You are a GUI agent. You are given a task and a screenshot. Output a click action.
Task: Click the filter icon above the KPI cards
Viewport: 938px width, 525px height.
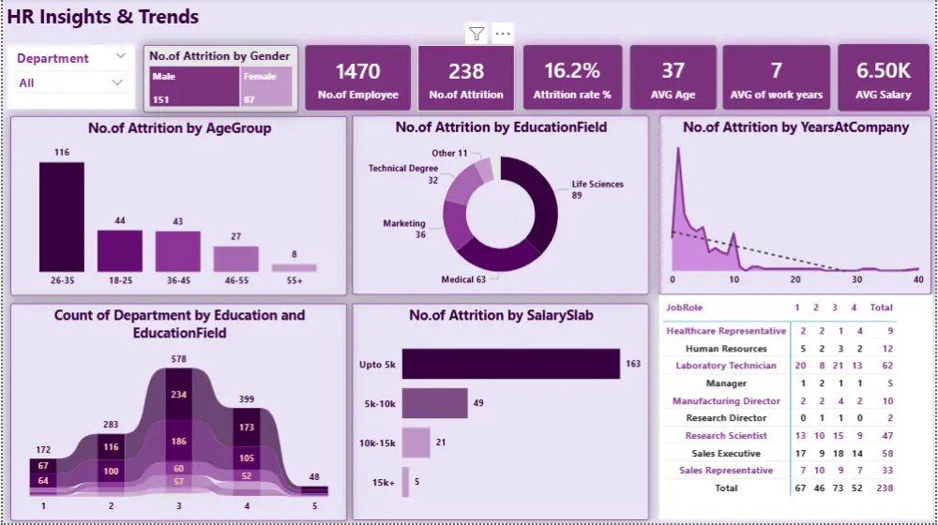(x=477, y=35)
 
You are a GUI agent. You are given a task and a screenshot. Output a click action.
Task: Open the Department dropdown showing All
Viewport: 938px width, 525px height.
(x=71, y=82)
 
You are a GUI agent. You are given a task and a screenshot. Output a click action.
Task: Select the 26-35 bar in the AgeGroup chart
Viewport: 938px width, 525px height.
(x=61, y=217)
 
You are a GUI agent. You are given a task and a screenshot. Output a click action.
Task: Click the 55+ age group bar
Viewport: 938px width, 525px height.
(x=295, y=267)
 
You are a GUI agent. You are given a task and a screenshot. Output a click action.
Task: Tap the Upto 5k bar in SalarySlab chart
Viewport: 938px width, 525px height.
(x=510, y=364)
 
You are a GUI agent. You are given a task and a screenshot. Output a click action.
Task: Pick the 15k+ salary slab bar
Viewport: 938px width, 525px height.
(x=405, y=483)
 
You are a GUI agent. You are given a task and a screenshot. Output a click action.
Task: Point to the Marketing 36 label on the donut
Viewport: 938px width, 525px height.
(x=404, y=229)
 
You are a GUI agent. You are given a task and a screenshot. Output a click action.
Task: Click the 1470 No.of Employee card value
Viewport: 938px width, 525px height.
(x=357, y=71)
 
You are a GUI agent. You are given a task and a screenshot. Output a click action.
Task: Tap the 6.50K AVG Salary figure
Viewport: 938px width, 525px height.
(x=883, y=71)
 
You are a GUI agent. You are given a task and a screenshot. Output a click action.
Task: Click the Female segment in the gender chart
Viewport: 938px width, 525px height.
(x=266, y=86)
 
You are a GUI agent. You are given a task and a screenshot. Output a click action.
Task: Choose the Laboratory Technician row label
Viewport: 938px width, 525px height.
(x=726, y=366)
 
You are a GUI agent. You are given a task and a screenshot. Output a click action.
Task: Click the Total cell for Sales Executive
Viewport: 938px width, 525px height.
(x=882, y=453)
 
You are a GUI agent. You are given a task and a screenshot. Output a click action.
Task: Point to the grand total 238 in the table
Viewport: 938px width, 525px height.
(x=882, y=487)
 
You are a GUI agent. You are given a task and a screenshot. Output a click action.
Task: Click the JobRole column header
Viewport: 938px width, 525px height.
(x=684, y=307)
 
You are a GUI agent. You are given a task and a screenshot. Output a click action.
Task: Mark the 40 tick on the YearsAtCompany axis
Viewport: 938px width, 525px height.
(x=917, y=279)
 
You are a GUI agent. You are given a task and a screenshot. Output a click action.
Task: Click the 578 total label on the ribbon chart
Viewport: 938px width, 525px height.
(x=178, y=359)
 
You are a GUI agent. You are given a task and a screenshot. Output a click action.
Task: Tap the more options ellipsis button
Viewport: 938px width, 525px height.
(x=503, y=35)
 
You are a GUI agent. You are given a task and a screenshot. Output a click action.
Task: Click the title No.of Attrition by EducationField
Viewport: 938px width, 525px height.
(x=501, y=127)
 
